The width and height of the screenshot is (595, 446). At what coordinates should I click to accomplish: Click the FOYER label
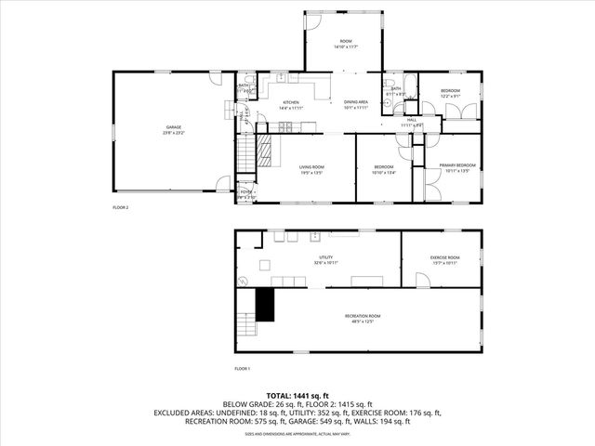(246, 193)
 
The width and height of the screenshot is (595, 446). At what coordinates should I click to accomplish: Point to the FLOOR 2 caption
(121, 207)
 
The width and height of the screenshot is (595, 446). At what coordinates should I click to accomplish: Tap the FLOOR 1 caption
(243, 369)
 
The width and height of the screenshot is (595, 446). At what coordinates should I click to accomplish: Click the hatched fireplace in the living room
(267, 150)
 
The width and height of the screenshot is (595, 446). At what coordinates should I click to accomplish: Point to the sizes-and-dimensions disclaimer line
(297, 434)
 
